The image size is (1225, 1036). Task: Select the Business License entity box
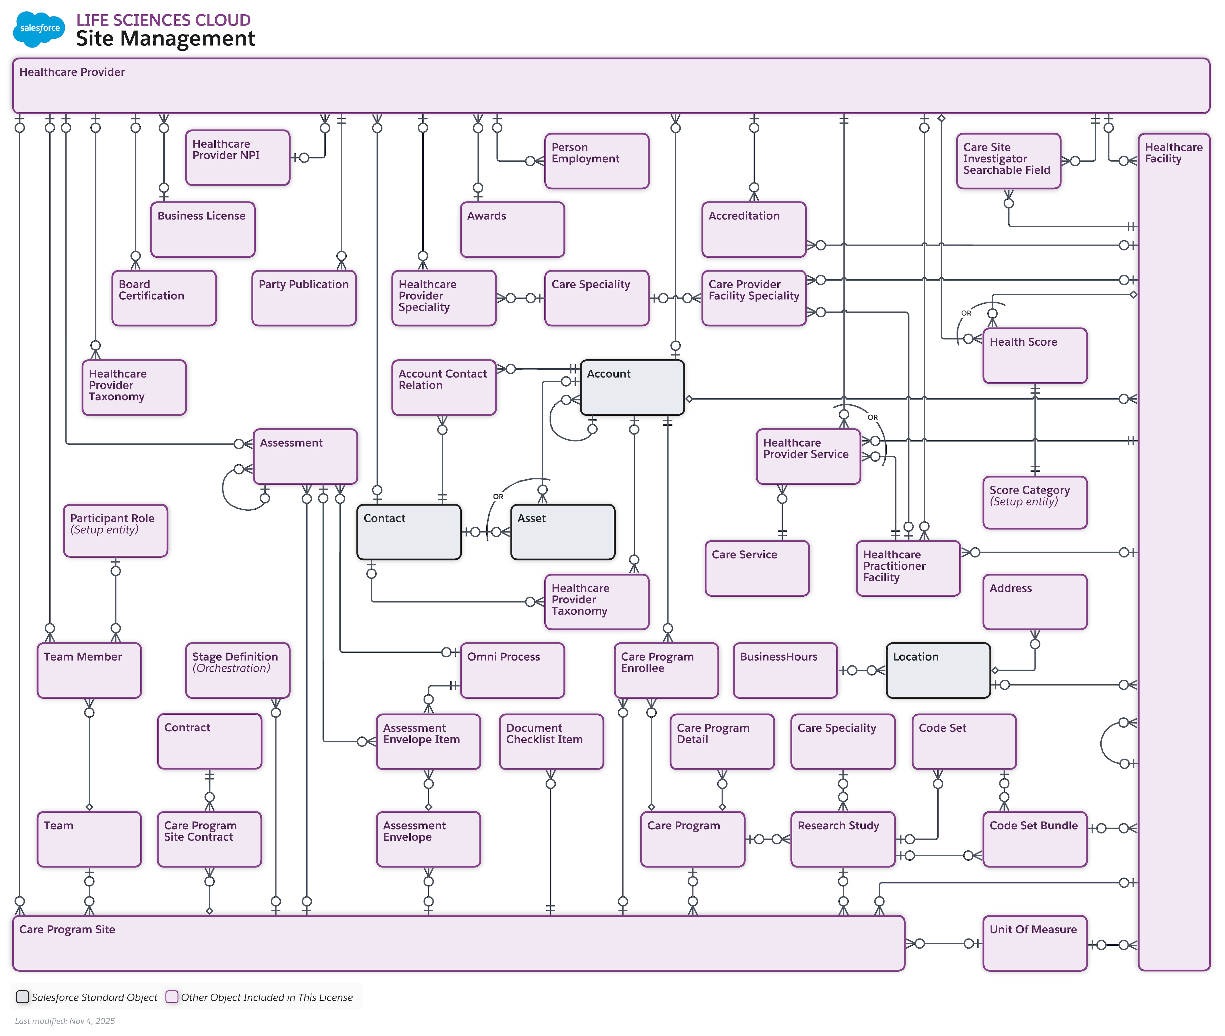(203, 230)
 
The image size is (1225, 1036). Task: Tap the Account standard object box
(632, 388)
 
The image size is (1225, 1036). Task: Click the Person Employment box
(596, 161)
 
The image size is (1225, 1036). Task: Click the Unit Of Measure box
(1035, 943)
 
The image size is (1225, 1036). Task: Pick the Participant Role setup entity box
(115, 530)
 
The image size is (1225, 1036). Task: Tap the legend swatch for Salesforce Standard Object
(22, 997)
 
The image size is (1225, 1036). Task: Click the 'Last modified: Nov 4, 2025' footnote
(65, 1021)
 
